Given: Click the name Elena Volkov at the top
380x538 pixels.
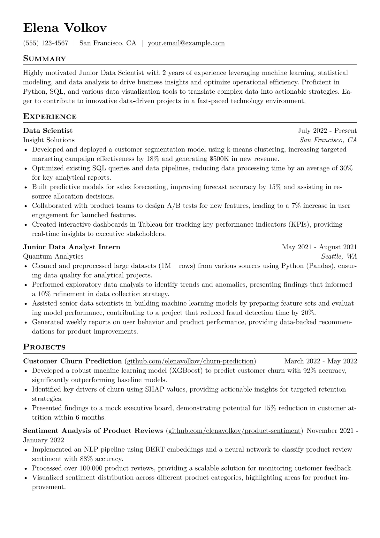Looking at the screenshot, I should [x=65, y=28].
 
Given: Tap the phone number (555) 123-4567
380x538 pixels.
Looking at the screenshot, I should [x=46, y=43].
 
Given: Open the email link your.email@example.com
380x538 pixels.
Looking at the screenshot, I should [x=186, y=43].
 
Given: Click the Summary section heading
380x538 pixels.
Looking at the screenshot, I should [x=44, y=59].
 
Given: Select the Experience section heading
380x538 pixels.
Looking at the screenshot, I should [x=50, y=117].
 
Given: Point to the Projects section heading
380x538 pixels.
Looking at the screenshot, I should [x=44, y=347].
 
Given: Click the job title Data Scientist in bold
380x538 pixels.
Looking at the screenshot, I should [x=48, y=131].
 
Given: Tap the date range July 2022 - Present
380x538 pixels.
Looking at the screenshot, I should [x=327, y=131].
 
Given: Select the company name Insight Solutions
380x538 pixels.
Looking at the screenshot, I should [x=49, y=140].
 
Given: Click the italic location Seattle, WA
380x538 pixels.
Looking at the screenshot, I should [x=339, y=256].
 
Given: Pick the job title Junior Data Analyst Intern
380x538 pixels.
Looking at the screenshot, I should [x=72, y=247].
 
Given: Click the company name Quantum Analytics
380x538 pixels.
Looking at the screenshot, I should [x=53, y=256].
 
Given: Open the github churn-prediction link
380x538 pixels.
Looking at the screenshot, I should [x=190, y=361].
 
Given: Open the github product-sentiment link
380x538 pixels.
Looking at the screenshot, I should [x=234, y=431].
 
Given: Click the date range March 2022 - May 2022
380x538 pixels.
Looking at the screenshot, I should [x=321, y=361].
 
